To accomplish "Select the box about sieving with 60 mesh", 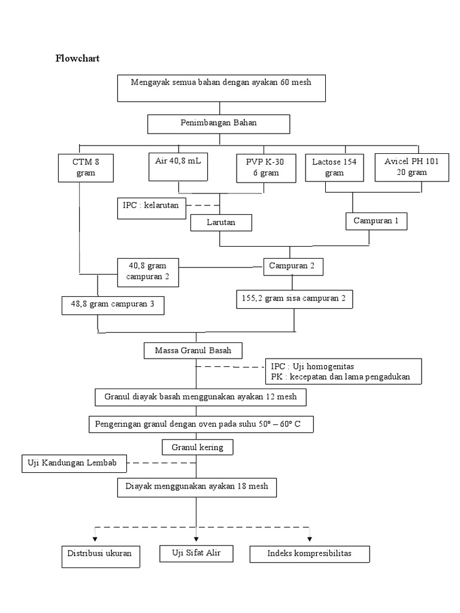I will point(220,87).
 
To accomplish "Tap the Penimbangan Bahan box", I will point(219,124).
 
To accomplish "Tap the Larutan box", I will point(220,223).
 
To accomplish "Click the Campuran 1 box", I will point(377,221).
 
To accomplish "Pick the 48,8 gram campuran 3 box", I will point(113,305).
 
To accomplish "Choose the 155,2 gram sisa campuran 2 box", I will point(294,299).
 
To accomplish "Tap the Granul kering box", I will point(197,447).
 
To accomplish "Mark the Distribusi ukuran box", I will point(101,556).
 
